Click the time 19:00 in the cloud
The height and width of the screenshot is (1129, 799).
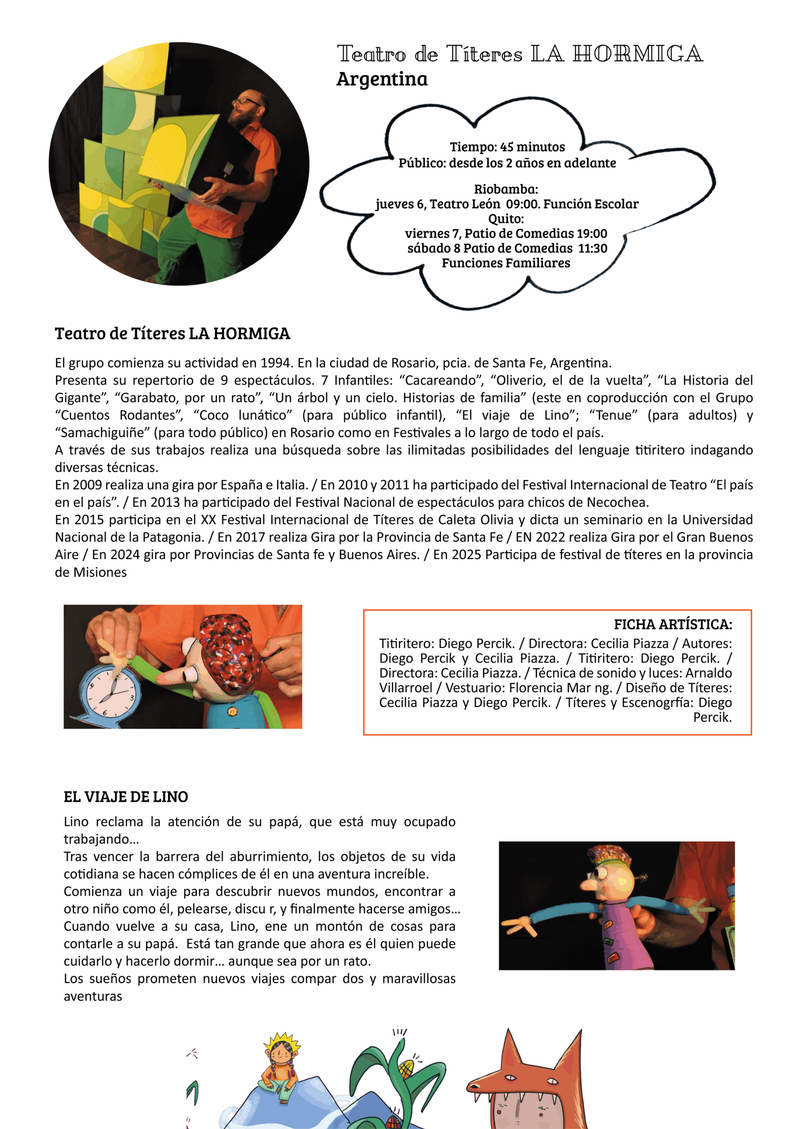click(x=593, y=234)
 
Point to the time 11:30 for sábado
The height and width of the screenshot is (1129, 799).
click(x=593, y=248)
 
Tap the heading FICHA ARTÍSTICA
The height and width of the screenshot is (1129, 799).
click(x=672, y=624)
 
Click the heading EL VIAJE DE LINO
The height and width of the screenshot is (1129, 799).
click(x=126, y=796)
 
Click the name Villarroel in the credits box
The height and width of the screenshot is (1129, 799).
click(x=405, y=688)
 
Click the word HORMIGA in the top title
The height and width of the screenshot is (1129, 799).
click(x=638, y=54)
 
